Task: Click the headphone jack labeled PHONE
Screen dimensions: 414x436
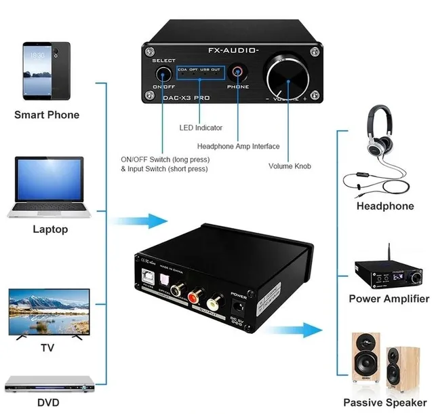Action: click(x=237, y=73)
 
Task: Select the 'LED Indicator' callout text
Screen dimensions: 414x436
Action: click(x=200, y=128)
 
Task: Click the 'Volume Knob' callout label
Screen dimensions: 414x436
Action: click(x=290, y=166)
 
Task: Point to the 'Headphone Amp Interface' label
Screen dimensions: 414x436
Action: click(x=237, y=146)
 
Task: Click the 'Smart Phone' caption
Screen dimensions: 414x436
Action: click(x=47, y=115)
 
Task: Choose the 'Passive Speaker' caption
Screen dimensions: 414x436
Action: click(x=384, y=402)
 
